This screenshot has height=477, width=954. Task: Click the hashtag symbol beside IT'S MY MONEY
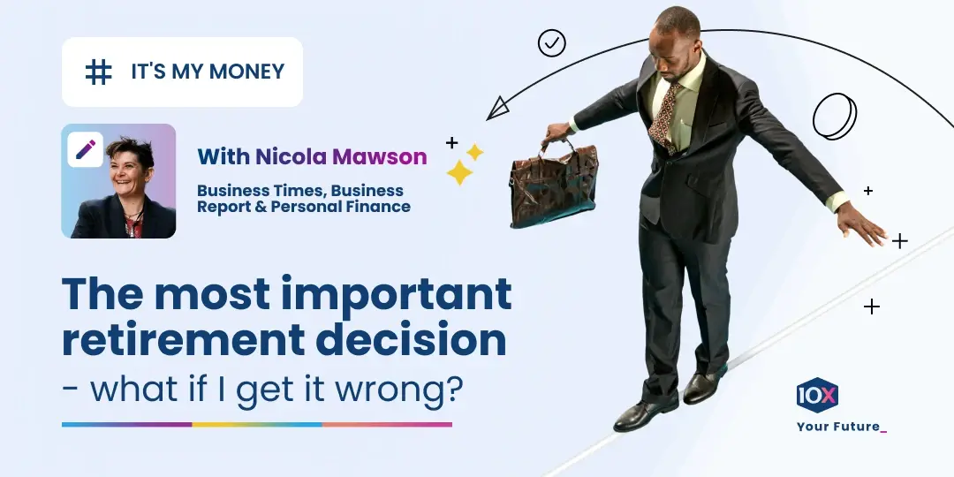(98, 72)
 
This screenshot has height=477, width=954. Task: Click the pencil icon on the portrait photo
(86, 149)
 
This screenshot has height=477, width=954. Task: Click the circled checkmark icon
(552, 42)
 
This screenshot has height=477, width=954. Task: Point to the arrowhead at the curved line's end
(498, 108)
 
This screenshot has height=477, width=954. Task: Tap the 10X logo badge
(817, 395)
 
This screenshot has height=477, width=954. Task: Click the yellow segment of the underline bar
(257, 425)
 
